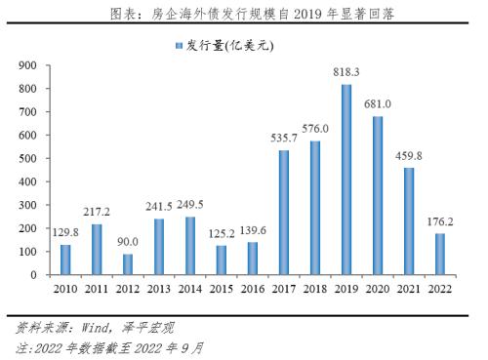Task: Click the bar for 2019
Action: (346, 180)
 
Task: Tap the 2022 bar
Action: (441, 255)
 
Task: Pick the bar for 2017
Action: (284, 213)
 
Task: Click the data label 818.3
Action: (346, 71)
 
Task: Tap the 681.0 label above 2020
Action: (378, 103)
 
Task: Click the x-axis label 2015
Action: (221, 289)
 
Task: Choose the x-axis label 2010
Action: (64, 289)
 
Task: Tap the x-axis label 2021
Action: (409, 289)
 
